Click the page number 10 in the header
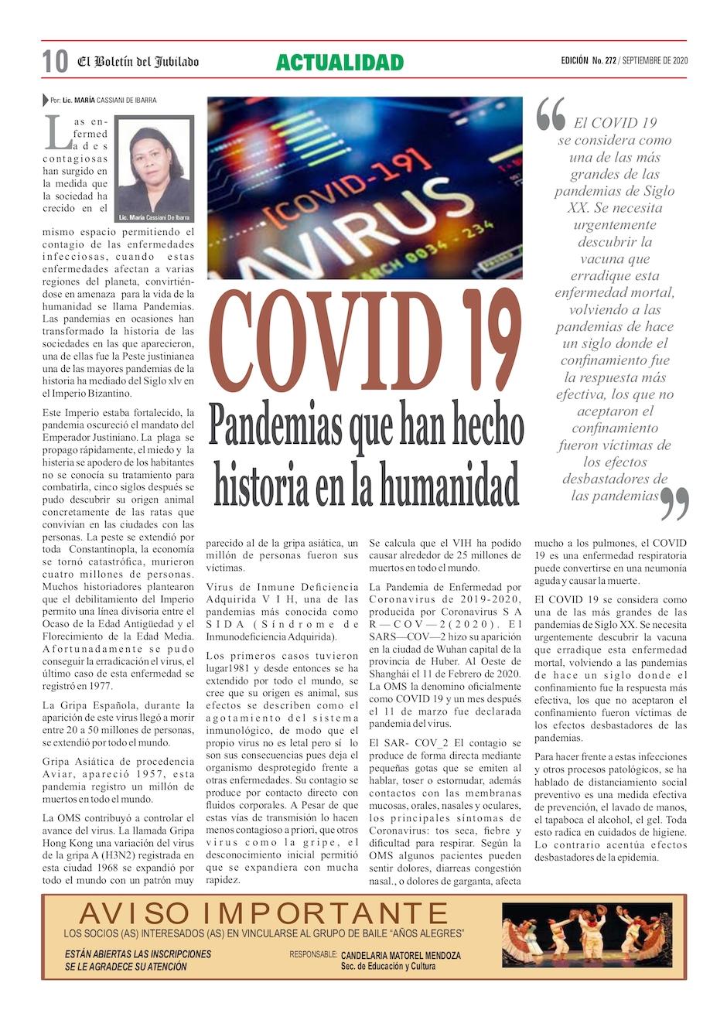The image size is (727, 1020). [55, 62]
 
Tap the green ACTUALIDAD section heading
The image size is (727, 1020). [340, 63]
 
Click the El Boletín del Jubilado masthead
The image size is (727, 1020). [138, 62]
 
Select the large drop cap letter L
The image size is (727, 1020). [57, 133]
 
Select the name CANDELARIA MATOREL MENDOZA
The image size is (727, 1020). [401, 956]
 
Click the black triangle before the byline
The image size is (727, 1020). [46, 101]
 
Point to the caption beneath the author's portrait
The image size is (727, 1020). [154, 218]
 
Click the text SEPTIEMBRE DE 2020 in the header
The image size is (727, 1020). [654, 61]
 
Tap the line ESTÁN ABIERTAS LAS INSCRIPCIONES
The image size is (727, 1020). [138, 954]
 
